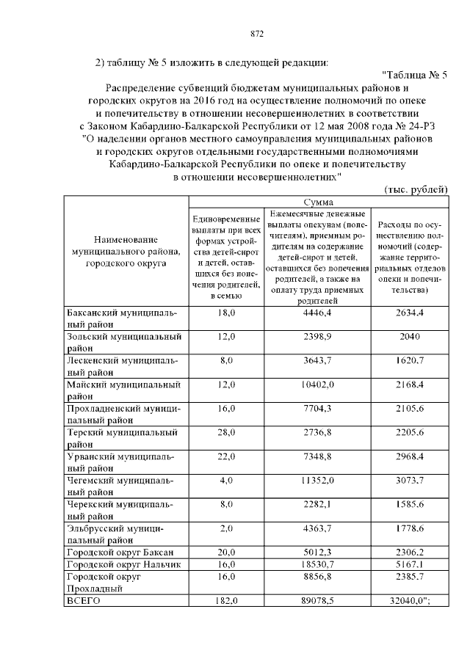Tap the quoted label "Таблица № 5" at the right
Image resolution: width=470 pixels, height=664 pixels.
pyautogui.click(x=415, y=74)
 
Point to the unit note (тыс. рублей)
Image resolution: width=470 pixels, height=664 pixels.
pyautogui.click(x=416, y=189)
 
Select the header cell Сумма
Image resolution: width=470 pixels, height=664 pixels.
pyautogui.click(x=318, y=201)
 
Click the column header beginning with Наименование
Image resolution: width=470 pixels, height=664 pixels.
pyautogui.click(x=126, y=251)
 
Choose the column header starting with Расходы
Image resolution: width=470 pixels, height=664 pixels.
pyautogui.click(x=410, y=257)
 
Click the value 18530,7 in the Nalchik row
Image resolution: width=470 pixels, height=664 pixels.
pyautogui.click(x=318, y=564)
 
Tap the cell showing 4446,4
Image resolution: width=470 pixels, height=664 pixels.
pyautogui.click(x=318, y=313)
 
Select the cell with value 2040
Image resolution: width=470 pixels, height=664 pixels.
pyautogui.click(x=410, y=337)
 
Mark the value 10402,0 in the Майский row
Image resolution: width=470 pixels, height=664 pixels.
pyautogui.click(x=318, y=384)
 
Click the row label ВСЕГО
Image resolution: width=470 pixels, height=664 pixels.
pyautogui.click(x=82, y=599)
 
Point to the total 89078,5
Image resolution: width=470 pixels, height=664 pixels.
pyautogui.click(x=318, y=599)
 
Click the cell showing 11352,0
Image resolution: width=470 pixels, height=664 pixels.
pyautogui.click(x=318, y=480)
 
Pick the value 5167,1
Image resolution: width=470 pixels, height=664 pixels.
pyautogui.click(x=410, y=564)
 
